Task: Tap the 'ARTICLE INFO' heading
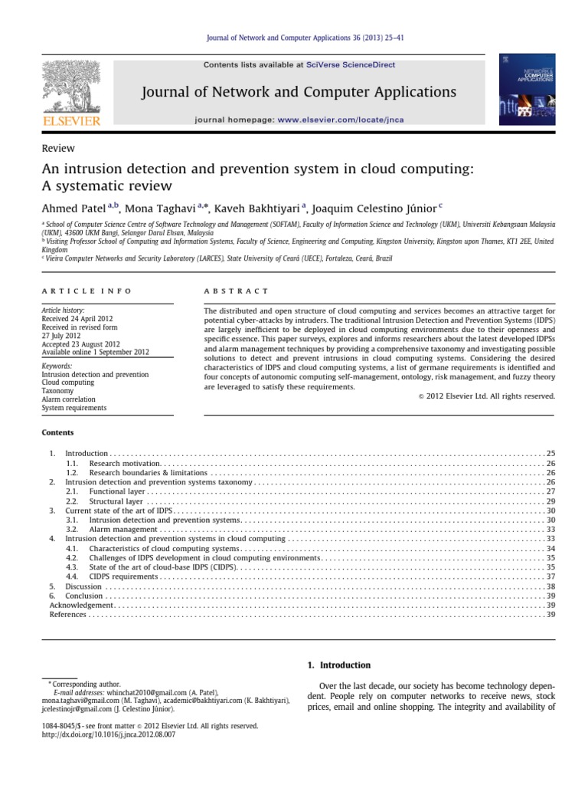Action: tap(86, 291)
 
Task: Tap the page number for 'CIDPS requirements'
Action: tap(550, 576)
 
